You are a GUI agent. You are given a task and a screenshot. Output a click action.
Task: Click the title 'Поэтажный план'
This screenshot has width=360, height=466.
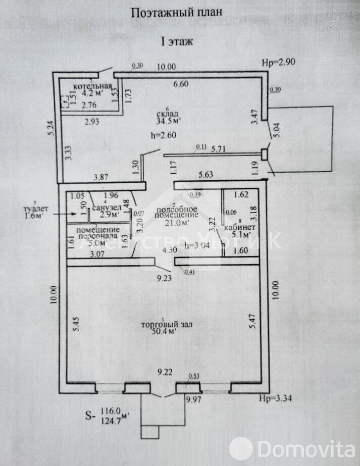coord(176,13)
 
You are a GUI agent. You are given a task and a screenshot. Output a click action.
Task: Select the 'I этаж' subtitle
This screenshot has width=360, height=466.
coord(176,42)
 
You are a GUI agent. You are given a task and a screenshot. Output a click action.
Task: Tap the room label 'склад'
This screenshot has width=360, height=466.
coord(168,113)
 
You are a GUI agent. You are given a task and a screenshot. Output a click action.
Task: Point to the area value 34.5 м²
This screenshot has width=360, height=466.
coord(169,121)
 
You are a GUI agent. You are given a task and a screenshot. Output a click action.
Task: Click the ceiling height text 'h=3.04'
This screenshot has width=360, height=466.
coord(198,246)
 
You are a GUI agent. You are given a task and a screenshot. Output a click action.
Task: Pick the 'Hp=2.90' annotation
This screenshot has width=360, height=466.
coord(278,63)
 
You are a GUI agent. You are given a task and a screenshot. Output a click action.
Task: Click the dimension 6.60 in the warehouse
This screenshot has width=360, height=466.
coord(181,84)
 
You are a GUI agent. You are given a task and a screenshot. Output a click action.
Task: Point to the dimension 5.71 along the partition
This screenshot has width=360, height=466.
coord(218,149)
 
